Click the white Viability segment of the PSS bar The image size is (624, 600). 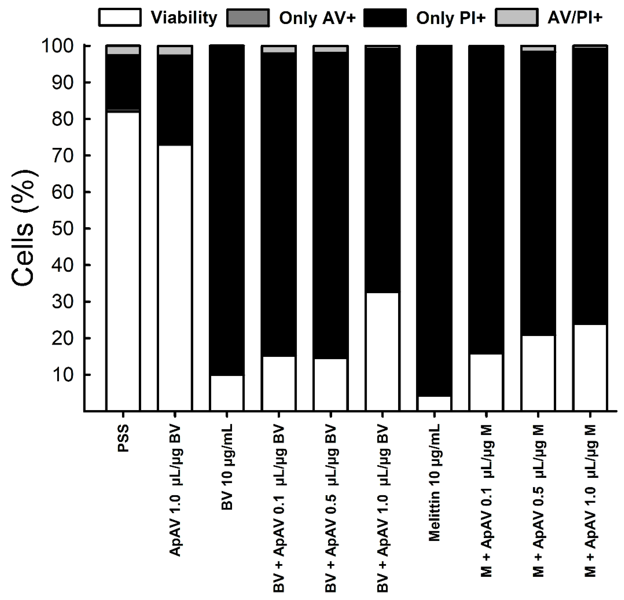(x=123, y=261)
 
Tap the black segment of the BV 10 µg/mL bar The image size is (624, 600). (x=227, y=210)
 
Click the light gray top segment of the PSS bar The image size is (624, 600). (x=123, y=50)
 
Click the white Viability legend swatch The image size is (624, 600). (x=120, y=18)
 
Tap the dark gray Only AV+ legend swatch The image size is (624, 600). (x=248, y=18)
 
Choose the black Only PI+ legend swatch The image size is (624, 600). (x=385, y=18)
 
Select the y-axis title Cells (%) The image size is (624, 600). (x=23, y=229)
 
